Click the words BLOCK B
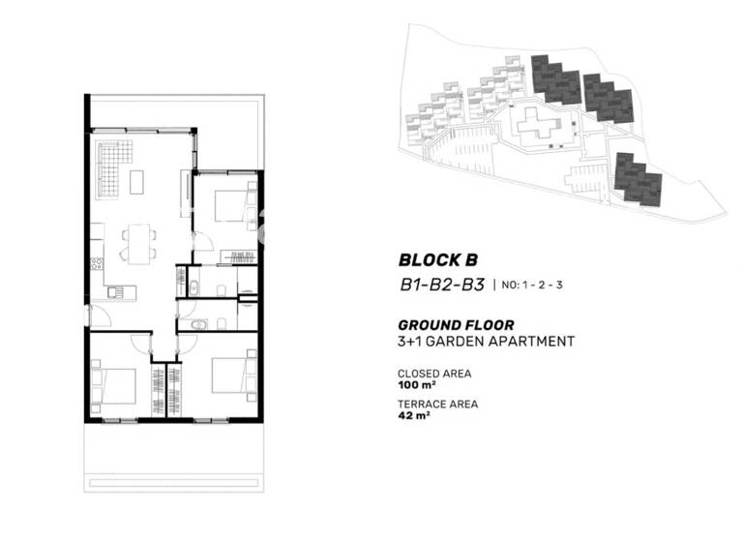click(x=438, y=259)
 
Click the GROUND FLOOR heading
click(x=456, y=325)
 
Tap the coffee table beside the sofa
click(x=137, y=181)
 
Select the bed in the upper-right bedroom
click(x=232, y=205)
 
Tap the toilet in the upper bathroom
click(x=222, y=288)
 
